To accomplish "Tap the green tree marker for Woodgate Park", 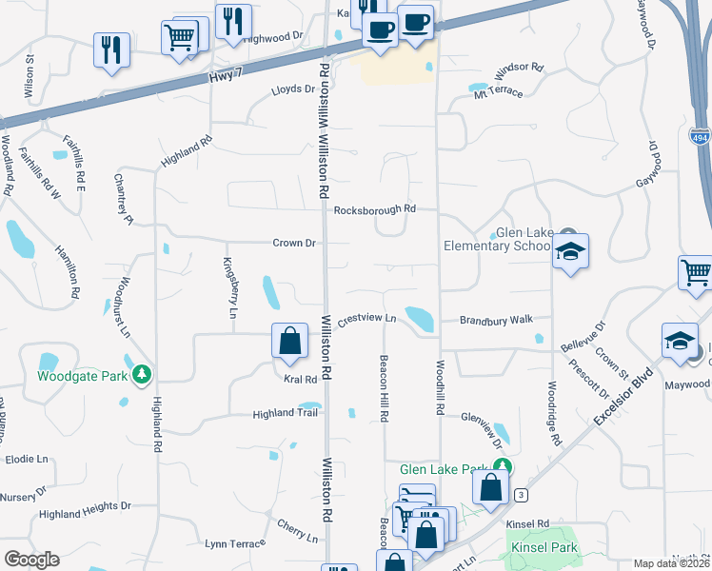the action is pos(142,374).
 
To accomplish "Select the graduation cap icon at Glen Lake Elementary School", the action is pos(570,252).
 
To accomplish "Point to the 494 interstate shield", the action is pos(700,136).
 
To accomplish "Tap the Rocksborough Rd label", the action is pos(375,208).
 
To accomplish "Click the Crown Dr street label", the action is pos(293,243).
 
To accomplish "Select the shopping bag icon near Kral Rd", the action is pos(289,341).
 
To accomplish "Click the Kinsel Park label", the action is pos(538,549).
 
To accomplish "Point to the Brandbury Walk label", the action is pos(496,320).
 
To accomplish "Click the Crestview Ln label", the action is pos(366,319).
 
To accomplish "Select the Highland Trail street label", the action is pos(284,413).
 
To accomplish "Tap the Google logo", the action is pos(31,559).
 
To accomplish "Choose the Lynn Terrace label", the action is pos(234,542).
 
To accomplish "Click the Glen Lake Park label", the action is pos(444,469).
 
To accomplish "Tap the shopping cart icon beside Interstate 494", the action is pos(696,273).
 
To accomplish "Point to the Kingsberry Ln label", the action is pos(229,286).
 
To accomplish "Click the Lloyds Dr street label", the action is pos(292,89).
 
